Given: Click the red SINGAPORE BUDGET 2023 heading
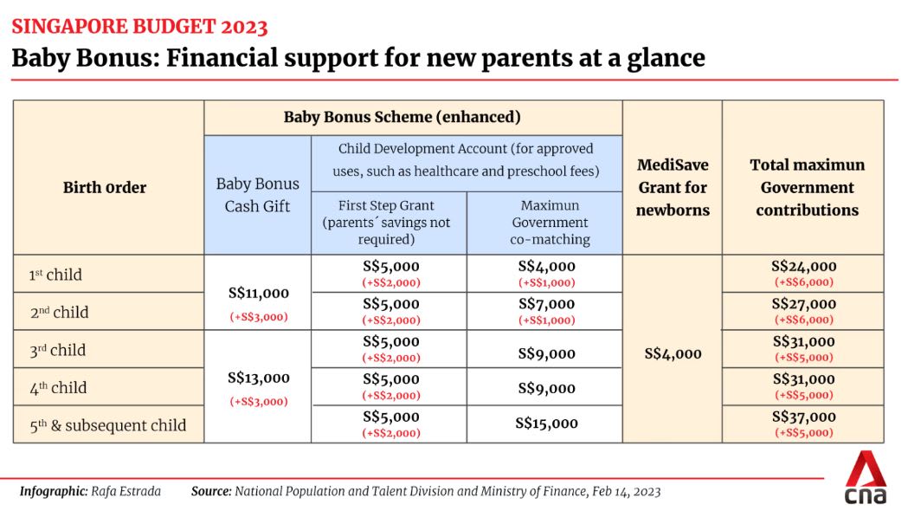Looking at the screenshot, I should (139, 26).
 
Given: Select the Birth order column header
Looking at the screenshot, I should (105, 187).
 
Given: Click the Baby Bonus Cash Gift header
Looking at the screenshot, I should (257, 195).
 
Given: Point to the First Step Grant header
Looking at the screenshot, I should (388, 223).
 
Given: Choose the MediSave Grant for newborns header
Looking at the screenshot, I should (672, 187).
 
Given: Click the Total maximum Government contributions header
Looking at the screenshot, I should (807, 187).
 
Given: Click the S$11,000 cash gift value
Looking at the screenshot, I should (258, 294).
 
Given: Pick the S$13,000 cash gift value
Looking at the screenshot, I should (258, 378).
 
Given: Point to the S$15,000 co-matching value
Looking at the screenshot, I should (545, 424).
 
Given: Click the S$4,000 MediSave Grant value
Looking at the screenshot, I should (673, 353).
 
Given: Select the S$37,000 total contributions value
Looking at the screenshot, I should (804, 417).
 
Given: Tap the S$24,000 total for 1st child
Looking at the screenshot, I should (804, 267).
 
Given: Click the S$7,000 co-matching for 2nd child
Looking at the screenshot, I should (545, 304).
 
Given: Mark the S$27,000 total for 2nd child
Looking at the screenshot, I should (804, 304).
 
